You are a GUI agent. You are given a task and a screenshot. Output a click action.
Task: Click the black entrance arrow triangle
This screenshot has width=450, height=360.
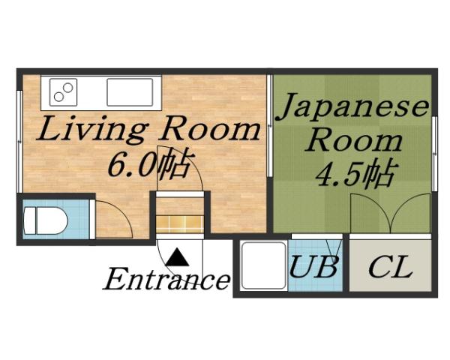tap(178, 259)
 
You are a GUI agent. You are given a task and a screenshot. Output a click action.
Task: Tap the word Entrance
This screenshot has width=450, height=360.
tap(166, 280)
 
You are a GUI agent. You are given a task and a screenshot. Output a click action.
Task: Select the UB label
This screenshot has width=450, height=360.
tap(314, 267)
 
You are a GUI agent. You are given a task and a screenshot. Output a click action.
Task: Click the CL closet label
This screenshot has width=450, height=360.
tap(391, 267)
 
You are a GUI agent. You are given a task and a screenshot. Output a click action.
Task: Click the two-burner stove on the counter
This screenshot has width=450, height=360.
tap(64, 92)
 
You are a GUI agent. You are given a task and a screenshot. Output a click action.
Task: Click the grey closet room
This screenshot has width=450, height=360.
tap(391, 266)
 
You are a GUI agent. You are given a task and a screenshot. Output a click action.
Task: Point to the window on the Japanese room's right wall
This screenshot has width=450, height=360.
tap(435, 139)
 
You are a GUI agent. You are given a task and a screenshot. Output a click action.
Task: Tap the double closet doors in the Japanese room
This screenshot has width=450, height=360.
tap(389, 214)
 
